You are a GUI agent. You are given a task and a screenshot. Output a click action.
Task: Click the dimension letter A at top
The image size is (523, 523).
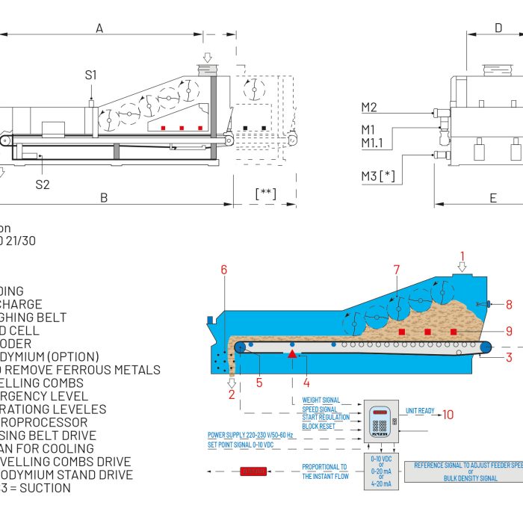tap(99, 28)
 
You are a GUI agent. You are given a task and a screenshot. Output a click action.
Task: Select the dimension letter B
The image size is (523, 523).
tap(104, 198)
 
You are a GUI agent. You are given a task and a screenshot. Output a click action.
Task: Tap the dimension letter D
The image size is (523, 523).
tap(498, 28)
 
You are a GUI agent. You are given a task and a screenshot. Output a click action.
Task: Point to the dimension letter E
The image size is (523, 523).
tap(493, 198)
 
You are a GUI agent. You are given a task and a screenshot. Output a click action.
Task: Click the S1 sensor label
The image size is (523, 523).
tap(90, 75)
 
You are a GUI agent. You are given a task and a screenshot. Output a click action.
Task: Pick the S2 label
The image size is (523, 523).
tap(43, 185)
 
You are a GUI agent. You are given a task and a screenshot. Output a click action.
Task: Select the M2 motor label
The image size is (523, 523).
tap(369, 107)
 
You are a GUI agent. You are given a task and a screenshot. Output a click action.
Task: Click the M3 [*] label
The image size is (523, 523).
tap(378, 176)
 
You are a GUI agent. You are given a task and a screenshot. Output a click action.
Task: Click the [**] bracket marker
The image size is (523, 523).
tap(265, 194)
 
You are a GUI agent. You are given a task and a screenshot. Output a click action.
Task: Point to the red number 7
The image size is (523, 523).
tap(397, 270)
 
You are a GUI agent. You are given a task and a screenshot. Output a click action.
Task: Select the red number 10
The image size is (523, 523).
tap(448, 415)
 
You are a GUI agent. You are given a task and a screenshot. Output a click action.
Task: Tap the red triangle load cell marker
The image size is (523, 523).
tap(292, 353)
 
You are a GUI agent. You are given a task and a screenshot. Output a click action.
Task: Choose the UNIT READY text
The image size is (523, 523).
tap(419, 410)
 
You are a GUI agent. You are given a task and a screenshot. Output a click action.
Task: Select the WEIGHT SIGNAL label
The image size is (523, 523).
tap(321, 400)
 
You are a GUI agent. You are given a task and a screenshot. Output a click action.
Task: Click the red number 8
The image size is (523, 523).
tap(509, 304)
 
